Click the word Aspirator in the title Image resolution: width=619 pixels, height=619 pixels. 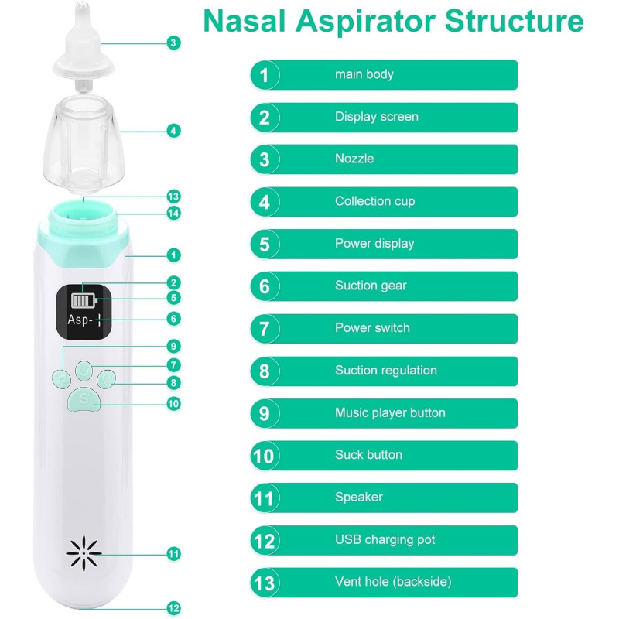(365, 22)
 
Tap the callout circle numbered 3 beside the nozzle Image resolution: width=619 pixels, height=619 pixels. (173, 43)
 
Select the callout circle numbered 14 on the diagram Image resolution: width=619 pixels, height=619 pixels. (173, 214)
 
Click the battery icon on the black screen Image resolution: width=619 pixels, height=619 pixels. (84, 301)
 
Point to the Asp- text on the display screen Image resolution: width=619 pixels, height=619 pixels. (80, 319)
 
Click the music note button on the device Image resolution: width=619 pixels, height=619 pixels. (61, 378)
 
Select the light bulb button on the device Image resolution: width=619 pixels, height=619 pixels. (107, 378)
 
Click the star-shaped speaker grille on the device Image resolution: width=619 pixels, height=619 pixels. (84, 553)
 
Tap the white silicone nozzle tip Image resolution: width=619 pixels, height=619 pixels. (84, 46)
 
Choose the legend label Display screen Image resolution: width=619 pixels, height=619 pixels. (377, 117)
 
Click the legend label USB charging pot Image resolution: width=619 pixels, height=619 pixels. (385, 539)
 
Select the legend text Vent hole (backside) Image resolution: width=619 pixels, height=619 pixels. (393, 582)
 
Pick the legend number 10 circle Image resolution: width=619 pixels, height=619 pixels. (265, 456)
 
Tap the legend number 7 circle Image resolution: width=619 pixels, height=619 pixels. (265, 329)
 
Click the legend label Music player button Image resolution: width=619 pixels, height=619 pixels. (390, 413)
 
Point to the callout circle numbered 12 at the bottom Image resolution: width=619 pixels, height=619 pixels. (173, 608)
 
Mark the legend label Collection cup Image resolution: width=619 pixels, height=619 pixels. (375, 201)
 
